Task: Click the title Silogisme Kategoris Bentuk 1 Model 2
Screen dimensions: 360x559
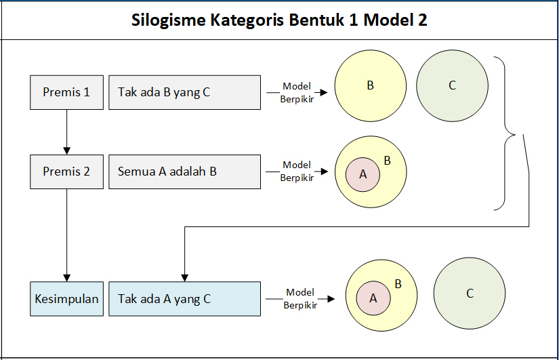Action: click(279, 20)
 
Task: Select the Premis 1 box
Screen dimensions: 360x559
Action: click(66, 92)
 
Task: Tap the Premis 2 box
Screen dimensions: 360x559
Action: click(66, 172)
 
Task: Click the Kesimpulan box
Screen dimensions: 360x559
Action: click(66, 298)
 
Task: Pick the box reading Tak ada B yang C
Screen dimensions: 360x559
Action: click(184, 92)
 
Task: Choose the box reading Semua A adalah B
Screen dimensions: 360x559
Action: click(184, 172)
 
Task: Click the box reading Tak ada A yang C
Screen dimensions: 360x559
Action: click(184, 298)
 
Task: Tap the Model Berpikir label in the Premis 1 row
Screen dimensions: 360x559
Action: click(296, 92)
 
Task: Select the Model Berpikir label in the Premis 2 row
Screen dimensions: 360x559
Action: click(296, 172)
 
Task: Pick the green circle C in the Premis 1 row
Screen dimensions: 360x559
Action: click(452, 85)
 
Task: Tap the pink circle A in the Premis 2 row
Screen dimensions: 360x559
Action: click(363, 174)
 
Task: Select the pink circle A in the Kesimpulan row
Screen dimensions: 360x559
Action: click(373, 298)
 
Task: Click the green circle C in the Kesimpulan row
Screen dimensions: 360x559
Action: click(469, 293)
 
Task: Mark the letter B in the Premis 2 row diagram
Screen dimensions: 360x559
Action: click(387, 161)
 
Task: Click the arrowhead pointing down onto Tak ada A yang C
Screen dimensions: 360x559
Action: click(184, 277)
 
